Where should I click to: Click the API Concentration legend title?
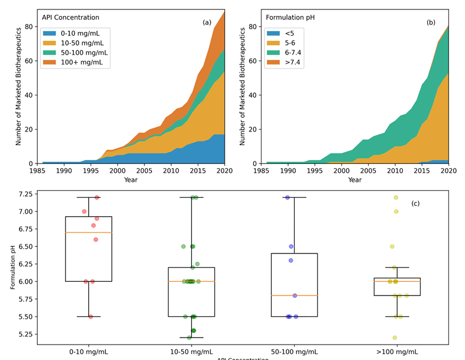point(70,17)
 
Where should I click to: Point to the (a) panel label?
point(207,22)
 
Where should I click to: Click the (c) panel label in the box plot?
point(415,204)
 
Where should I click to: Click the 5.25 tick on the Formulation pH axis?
point(25,335)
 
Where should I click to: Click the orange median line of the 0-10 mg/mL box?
point(89,232)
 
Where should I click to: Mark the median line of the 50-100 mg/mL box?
point(294,295)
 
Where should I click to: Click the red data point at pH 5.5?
point(91,316)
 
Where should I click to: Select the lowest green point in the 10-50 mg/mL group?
point(189,337)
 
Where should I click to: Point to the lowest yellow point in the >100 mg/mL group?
point(395,337)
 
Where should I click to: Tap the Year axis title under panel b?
point(355,179)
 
